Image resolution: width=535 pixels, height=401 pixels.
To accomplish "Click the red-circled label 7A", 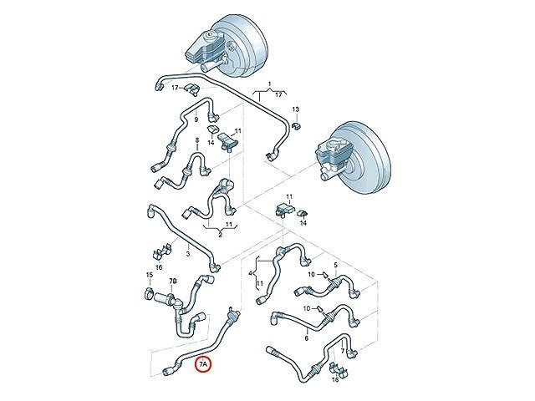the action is (x=203, y=364).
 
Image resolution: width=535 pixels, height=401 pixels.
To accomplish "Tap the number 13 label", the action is (x=295, y=109).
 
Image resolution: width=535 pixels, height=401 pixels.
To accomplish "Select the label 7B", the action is (x=173, y=281).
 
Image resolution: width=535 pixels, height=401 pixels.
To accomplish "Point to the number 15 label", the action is (x=150, y=275).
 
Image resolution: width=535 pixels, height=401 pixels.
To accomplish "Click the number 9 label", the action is (x=196, y=119).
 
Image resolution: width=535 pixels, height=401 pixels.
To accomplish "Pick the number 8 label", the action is (x=197, y=140).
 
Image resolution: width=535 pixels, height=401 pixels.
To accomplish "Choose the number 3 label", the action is (x=187, y=254).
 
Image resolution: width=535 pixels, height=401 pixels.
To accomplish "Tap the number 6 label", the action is (x=307, y=338).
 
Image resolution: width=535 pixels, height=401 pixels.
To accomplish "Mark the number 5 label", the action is (x=335, y=265).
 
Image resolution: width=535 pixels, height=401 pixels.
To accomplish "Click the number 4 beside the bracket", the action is (x=251, y=273).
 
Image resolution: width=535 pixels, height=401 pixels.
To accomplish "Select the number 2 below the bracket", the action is (x=221, y=235).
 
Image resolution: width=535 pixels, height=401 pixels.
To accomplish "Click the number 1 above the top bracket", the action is (x=269, y=84).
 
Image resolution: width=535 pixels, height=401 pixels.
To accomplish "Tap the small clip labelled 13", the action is (x=296, y=125).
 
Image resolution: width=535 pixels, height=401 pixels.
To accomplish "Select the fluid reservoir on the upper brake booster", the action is (x=201, y=46).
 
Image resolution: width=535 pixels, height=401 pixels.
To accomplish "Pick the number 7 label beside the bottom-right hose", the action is (x=342, y=351).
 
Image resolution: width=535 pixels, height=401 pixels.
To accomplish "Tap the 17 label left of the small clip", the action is (x=175, y=88).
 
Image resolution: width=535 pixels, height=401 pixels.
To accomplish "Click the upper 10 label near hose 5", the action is (x=312, y=274).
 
